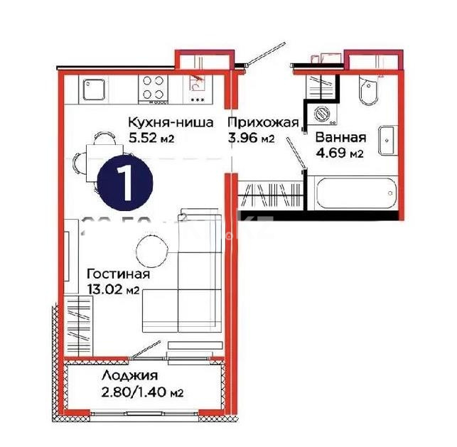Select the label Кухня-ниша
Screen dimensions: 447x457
click(170, 122)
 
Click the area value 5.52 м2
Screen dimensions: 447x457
click(151, 139)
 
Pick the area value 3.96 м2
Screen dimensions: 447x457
click(250, 139)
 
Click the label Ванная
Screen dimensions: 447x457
click(340, 138)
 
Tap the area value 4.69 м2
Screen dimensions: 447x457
click(339, 153)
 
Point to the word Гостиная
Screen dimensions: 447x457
click(118, 274)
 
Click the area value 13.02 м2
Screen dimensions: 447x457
click(112, 289)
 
